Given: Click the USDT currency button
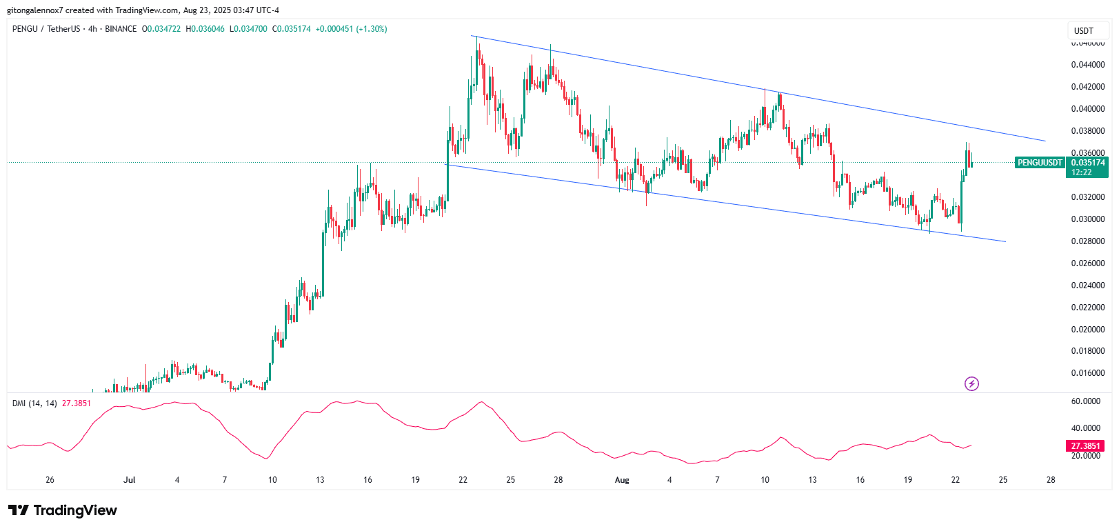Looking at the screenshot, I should coord(1084,30).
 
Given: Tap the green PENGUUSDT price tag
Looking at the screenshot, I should coord(1040,163).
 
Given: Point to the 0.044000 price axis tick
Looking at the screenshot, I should coord(1088,65).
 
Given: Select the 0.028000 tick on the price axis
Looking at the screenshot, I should coord(1088,241).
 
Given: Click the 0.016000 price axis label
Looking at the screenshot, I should coord(1088,373).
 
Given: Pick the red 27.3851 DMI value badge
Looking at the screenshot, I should coord(1085,446).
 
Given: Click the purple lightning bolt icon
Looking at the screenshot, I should coord(971,384).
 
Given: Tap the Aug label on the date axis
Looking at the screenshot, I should coord(622,480).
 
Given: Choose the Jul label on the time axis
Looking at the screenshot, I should coord(129,480).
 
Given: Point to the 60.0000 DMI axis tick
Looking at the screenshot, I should coord(1086,401).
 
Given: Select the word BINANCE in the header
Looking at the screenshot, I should coord(121,29).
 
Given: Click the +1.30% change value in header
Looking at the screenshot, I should coord(372,29).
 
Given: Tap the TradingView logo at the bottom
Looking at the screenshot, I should coord(63,510).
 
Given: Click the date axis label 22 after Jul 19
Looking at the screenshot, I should coord(463,480).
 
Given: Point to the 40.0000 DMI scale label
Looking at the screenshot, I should coord(1086,428).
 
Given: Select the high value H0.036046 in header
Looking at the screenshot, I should coord(205,29).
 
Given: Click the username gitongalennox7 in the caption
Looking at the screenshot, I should coord(34,10).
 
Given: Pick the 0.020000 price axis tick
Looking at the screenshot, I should coord(1088,330).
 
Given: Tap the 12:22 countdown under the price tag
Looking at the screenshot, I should coord(1082,172).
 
